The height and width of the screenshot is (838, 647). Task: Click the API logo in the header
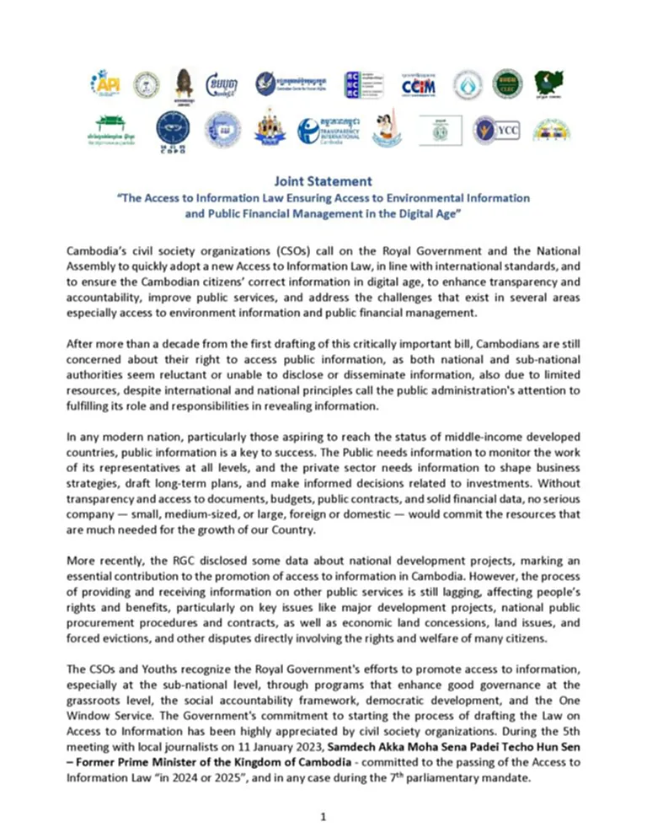click(x=108, y=83)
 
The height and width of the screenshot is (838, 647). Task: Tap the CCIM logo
click(x=419, y=83)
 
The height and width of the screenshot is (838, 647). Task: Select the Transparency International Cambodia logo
click(x=327, y=129)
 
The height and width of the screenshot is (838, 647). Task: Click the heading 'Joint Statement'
click(x=323, y=180)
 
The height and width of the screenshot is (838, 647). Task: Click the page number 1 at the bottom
click(x=323, y=816)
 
